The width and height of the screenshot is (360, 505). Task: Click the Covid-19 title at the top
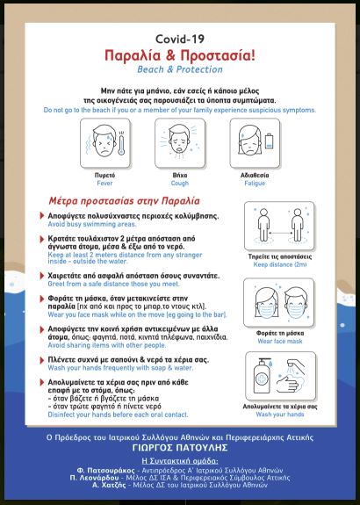tap(180, 40)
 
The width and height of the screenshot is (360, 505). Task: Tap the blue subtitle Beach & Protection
tap(180, 69)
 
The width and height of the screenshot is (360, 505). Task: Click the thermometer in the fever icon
tap(121, 143)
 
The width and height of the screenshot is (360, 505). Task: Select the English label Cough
tap(180, 184)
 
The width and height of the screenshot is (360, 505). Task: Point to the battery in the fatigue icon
tap(270, 141)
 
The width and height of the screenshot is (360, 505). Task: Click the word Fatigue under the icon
tap(255, 184)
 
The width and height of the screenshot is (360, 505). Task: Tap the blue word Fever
tap(104, 184)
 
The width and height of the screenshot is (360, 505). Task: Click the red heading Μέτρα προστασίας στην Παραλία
tap(125, 201)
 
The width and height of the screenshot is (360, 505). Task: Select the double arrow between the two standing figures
tap(280, 233)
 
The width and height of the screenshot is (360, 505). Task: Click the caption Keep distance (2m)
tap(280, 264)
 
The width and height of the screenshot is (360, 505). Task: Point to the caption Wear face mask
tap(280, 341)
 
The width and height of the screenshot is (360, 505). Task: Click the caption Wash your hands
tap(280, 415)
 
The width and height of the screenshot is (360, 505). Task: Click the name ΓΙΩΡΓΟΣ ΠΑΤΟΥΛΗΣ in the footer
tap(180, 448)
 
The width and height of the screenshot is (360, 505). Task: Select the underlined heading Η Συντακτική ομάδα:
tap(180, 460)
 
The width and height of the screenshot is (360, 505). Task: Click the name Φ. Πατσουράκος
tap(105, 470)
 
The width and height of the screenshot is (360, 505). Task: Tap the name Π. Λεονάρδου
tap(94, 478)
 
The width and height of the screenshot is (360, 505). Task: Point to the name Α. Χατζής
tap(109, 485)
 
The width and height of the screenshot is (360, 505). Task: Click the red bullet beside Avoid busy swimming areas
tap(42, 215)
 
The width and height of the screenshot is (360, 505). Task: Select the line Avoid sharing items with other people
tap(107, 345)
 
